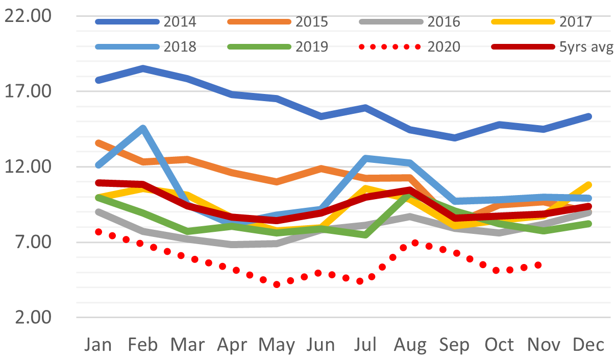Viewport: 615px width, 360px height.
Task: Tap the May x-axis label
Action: [277, 346]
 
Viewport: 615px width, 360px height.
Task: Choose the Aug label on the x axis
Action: [410, 346]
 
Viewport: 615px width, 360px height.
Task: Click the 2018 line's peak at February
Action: [143, 128]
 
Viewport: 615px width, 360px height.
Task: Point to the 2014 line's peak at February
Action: [143, 68]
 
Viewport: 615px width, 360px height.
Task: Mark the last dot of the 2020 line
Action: [537, 265]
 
